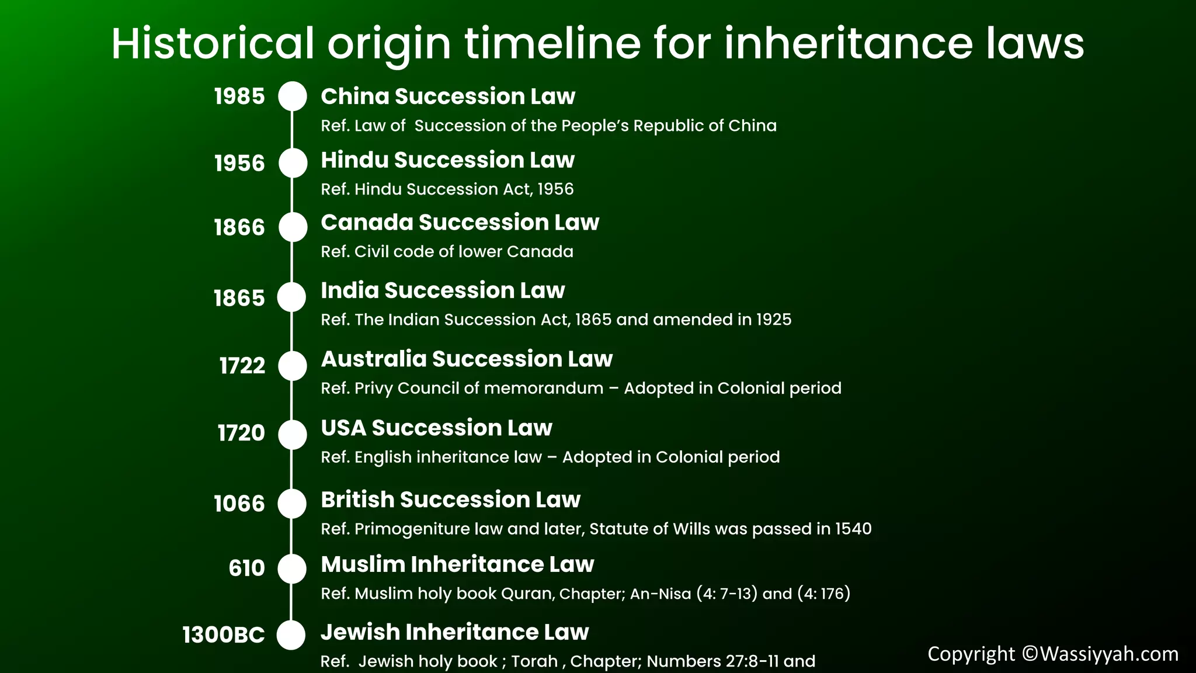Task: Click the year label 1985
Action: pos(239,96)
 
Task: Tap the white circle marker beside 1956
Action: pos(293,163)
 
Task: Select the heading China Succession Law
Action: pos(448,96)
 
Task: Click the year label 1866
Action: pos(239,227)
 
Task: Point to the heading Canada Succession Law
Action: pos(460,223)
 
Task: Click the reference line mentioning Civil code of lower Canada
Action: pos(447,252)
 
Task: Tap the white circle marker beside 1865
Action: pos(291,297)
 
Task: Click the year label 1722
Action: pos(242,366)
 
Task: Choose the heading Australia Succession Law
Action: pos(467,359)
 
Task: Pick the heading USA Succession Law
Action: pos(436,428)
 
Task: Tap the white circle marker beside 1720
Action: pos(292,435)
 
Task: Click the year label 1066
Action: pos(239,504)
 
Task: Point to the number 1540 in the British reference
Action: pos(853,529)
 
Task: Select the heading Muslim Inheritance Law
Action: pos(457,564)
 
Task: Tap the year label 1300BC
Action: pos(224,635)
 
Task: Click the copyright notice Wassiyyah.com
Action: pos(1052,654)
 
